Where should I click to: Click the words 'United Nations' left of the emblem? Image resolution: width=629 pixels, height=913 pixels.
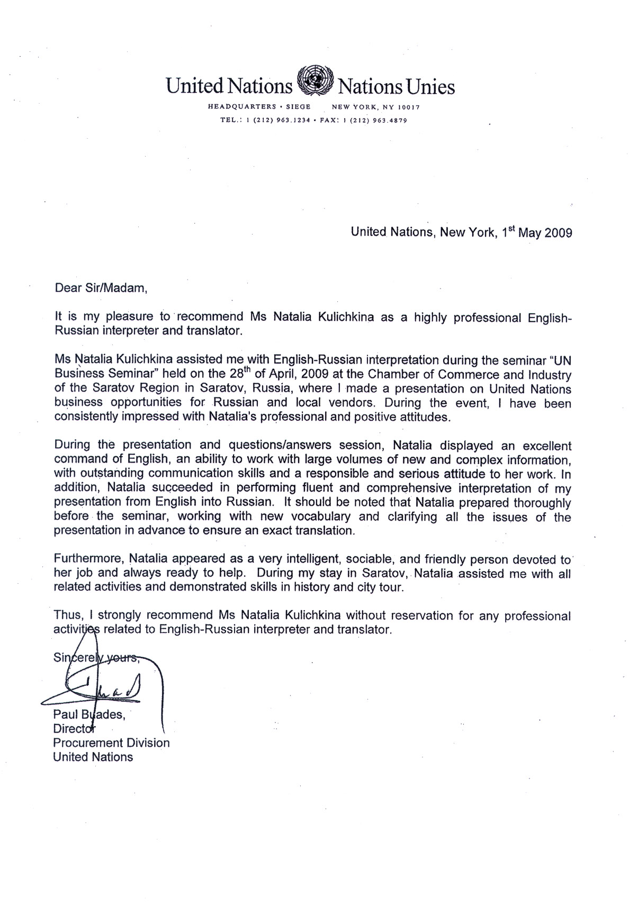point(229,86)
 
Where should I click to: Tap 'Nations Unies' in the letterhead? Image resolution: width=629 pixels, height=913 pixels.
point(396,86)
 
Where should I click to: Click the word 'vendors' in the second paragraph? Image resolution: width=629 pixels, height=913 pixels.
point(349,402)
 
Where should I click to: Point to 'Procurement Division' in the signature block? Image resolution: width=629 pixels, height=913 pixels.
point(111,743)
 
